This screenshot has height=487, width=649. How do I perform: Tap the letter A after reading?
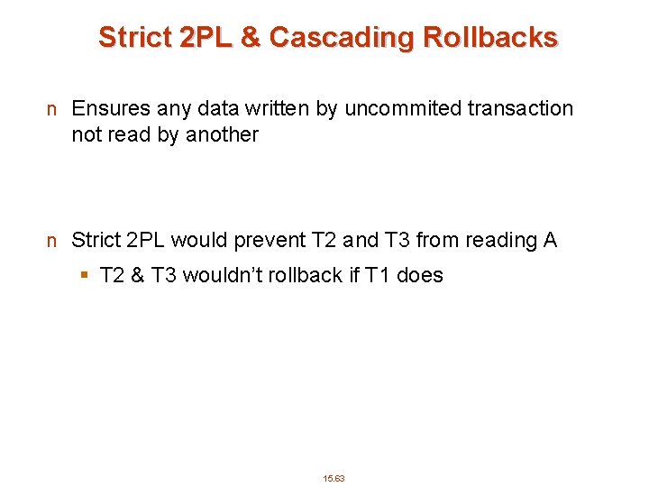(550, 241)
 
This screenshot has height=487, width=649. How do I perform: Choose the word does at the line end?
(420, 276)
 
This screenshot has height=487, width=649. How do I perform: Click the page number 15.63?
(334, 478)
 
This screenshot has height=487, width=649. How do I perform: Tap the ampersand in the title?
(250, 38)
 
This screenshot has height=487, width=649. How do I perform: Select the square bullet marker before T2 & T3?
(85, 276)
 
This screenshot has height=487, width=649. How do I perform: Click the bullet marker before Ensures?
(53, 110)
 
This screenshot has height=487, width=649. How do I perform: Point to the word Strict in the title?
(134, 38)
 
